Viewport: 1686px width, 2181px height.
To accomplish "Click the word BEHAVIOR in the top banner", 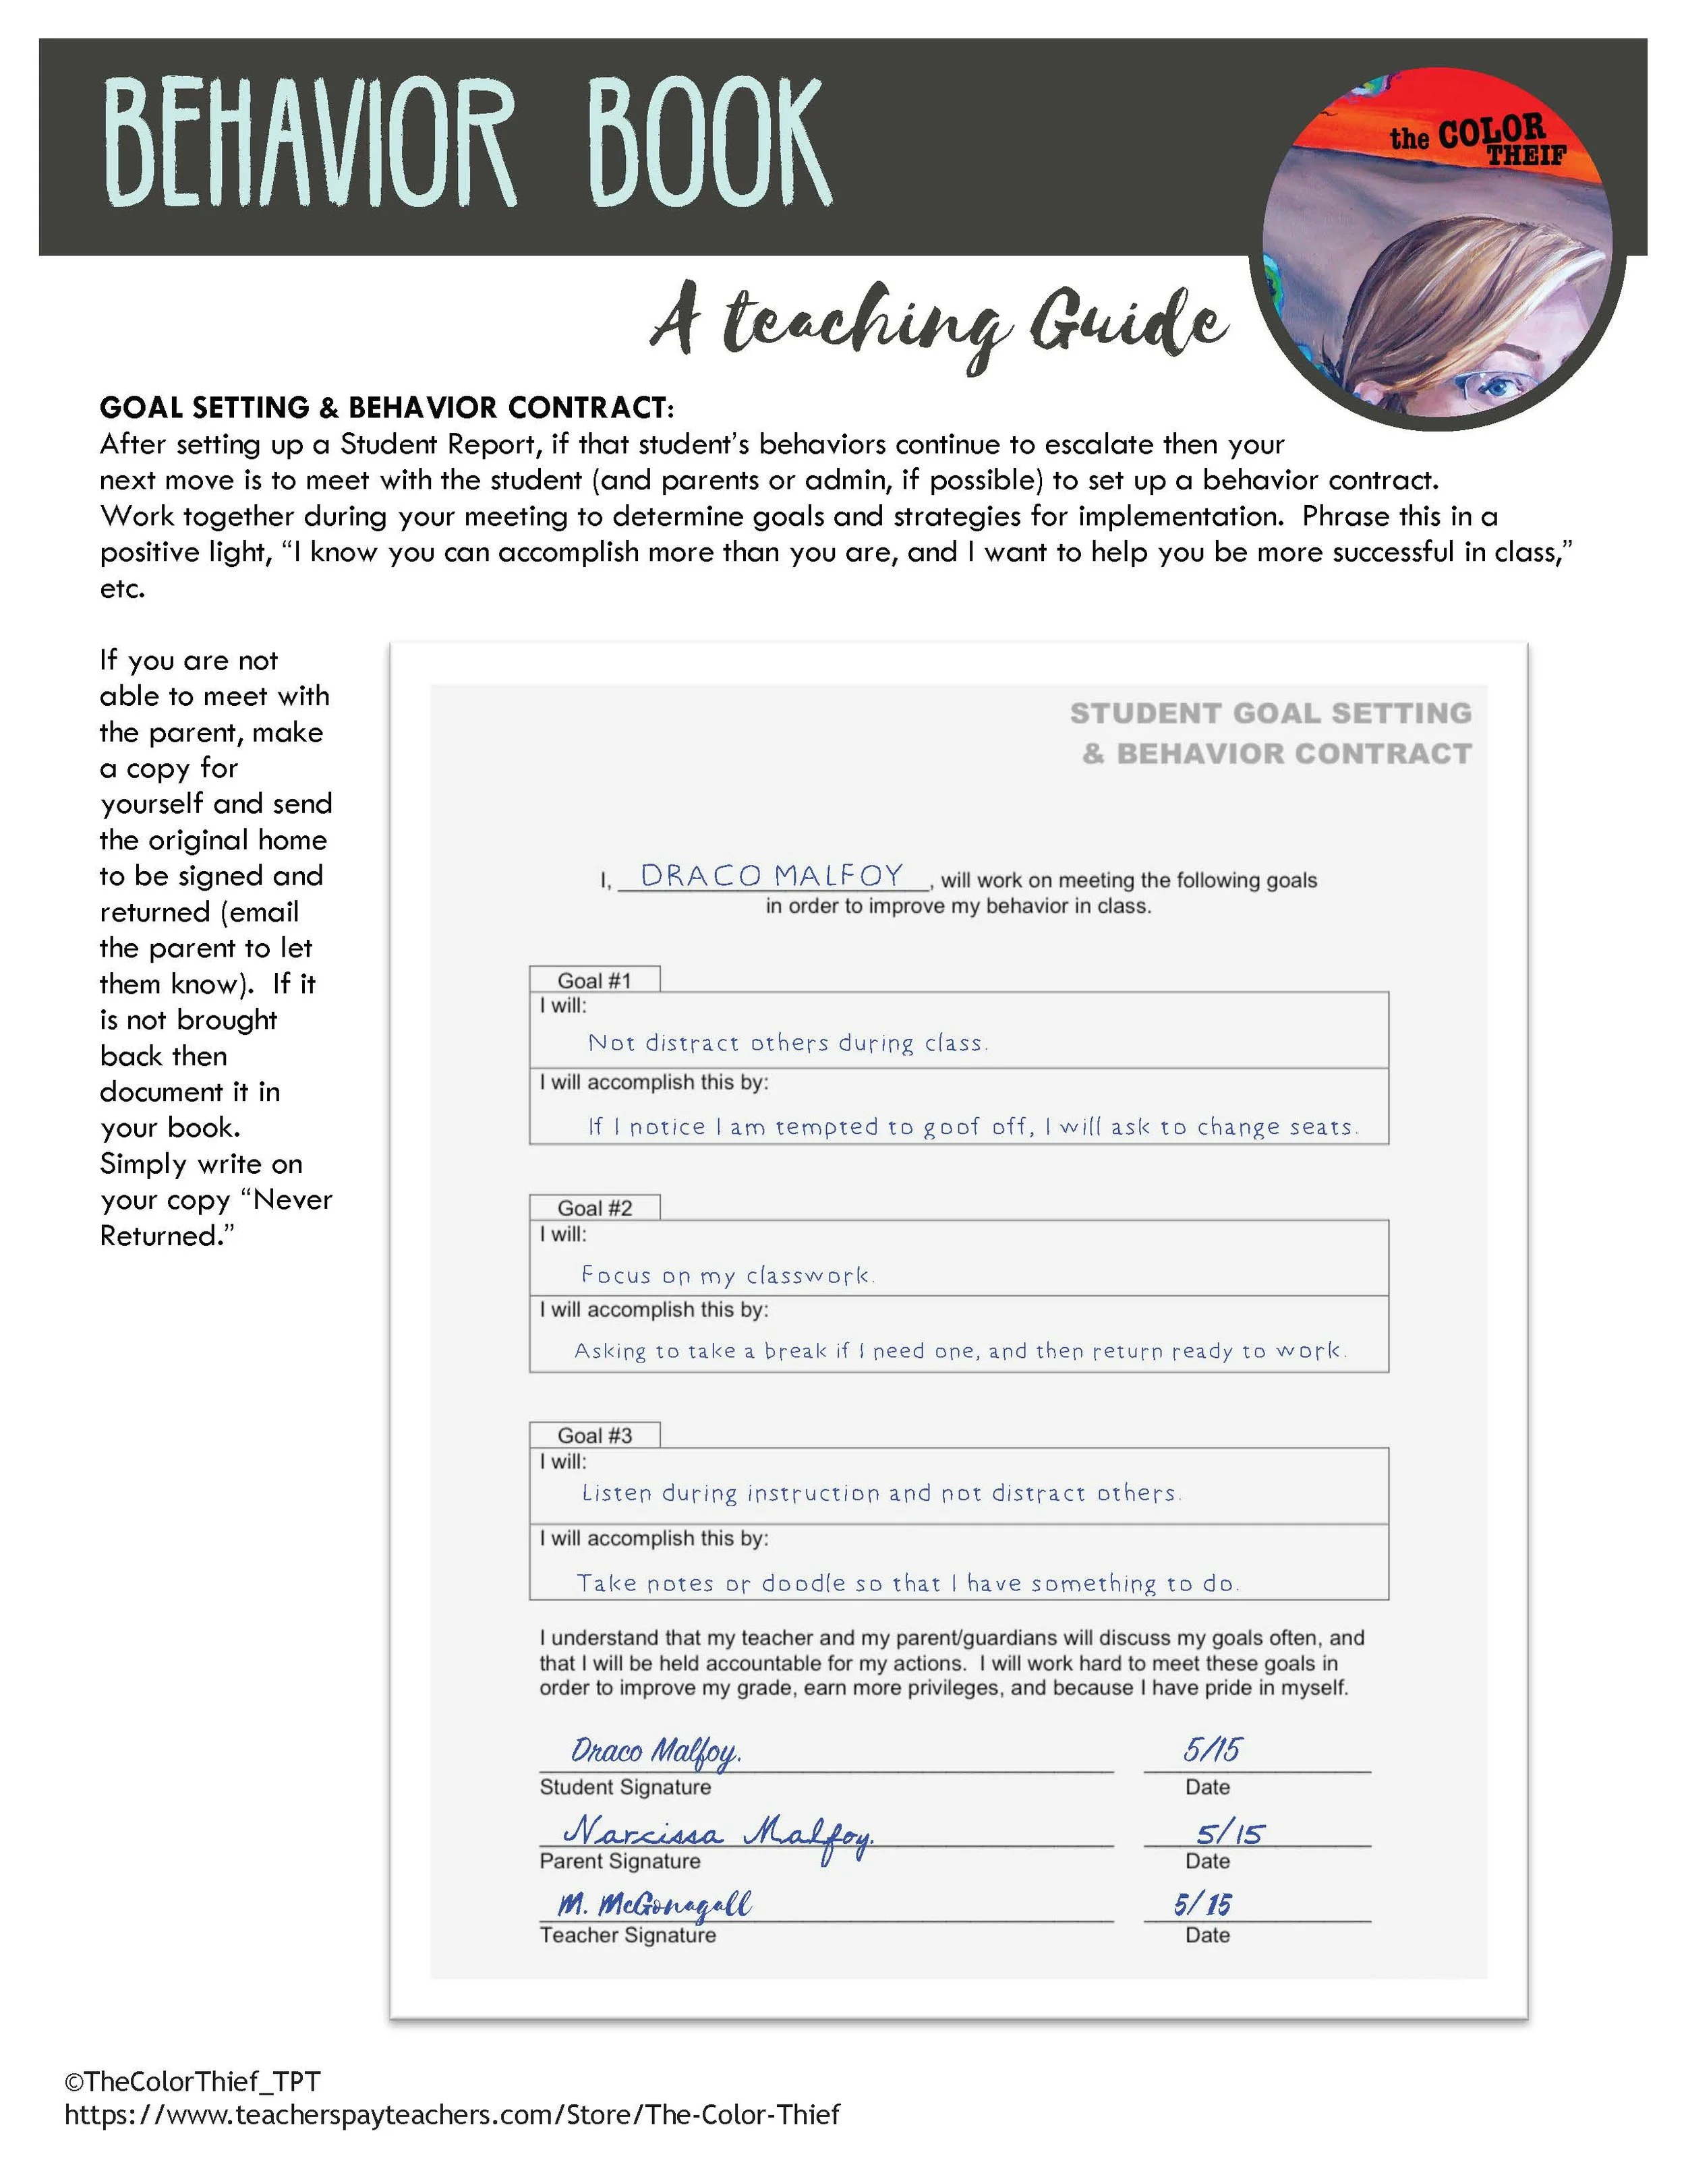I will coord(310,145).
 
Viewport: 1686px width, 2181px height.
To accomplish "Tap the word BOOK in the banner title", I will coord(709,145).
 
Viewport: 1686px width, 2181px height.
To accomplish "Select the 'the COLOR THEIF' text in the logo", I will coord(1478,140).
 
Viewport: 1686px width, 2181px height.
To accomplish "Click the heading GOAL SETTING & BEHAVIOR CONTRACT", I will coord(386,407).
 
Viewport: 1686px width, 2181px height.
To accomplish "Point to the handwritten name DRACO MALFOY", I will coord(771,876).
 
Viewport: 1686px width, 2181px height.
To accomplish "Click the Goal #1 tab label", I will coord(594,981).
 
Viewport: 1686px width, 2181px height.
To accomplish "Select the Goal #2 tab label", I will coord(594,1208).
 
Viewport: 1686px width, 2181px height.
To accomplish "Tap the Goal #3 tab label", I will coord(594,1436).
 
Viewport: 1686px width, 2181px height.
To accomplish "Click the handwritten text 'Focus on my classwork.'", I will coord(727,1276).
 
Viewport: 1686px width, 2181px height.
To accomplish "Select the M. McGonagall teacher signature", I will coord(654,1905).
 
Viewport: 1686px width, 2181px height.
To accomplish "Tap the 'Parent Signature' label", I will coord(619,1861).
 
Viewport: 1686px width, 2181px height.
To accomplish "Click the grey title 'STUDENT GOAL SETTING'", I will coord(1271,713).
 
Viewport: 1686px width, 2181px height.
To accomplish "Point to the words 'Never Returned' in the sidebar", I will coord(214,1218).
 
